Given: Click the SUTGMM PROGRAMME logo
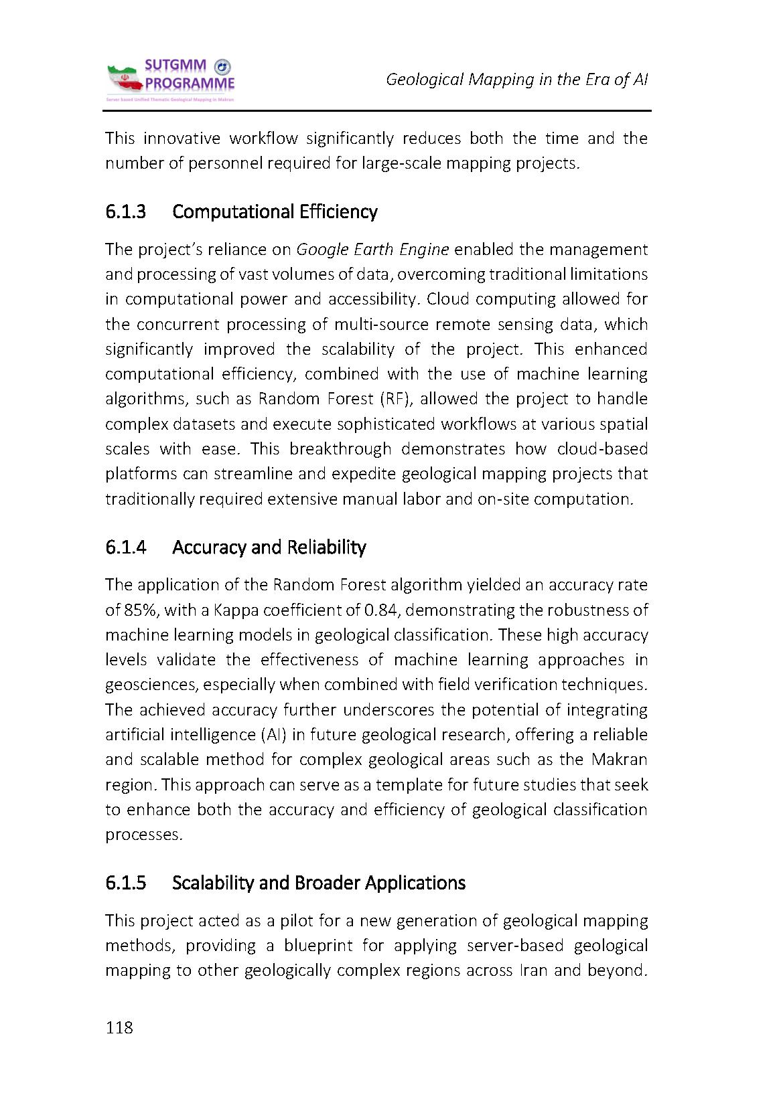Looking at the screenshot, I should coord(170,80).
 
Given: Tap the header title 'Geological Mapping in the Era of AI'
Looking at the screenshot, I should coord(517,80).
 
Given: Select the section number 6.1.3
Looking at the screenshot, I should coord(125,212).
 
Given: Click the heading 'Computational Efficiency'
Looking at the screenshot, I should coord(275,212).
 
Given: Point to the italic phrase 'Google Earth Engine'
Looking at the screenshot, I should coord(372,250).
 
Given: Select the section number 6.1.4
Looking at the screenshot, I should coord(125,547).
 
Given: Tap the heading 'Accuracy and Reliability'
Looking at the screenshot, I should coord(269,547).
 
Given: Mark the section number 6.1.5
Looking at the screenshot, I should coord(125,883).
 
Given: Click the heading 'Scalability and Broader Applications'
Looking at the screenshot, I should coord(318,883).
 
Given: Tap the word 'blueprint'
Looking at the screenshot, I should coord(317,946).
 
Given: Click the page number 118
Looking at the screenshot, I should coord(119,1028).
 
